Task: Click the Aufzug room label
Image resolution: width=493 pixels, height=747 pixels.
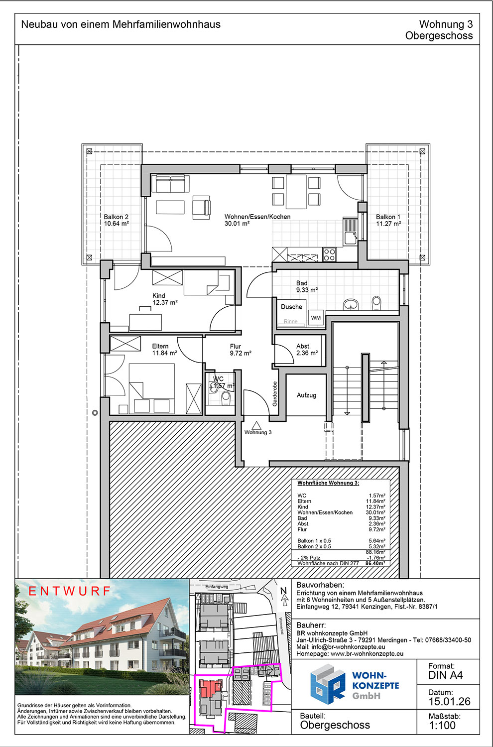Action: coord(306,395)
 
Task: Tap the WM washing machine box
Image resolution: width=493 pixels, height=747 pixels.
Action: coord(316,318)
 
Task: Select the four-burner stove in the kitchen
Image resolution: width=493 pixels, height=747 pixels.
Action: coord(329,254)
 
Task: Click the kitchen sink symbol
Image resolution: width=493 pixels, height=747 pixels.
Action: coord(350,231)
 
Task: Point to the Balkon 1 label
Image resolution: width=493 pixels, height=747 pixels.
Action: coord(388,217)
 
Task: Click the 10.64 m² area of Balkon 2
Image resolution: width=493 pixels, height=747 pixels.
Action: coord(116,224)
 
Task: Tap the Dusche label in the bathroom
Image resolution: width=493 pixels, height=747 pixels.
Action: coord(291,307)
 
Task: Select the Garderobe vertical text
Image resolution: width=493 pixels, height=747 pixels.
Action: coord(275,393)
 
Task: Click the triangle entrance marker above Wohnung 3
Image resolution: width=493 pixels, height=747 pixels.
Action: coord(256,425)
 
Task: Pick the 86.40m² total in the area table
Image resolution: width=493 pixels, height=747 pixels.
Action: coord(375,563)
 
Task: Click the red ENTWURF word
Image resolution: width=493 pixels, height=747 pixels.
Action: coord(69,591)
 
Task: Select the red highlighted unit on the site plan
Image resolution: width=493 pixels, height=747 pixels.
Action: coord(210,687)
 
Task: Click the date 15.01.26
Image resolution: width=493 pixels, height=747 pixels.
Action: coord(449,701)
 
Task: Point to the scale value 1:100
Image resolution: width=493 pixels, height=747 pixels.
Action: coord(442,725)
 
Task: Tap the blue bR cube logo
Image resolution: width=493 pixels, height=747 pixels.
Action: coord(328,684)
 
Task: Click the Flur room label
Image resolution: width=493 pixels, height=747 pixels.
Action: coord(235,346)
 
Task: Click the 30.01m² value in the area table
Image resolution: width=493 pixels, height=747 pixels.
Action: coord(375,512)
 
